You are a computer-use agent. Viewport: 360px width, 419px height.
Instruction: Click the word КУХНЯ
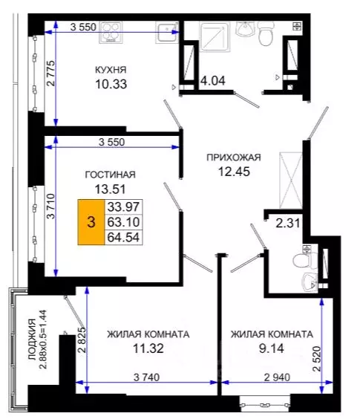[x=110, y=70]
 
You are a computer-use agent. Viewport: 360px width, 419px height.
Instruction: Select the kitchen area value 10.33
[x=110, y=85]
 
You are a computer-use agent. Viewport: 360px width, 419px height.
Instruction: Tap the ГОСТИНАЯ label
[x=110, y=175]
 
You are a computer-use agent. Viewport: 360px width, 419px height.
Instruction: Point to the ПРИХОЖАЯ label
[x=233, y=157]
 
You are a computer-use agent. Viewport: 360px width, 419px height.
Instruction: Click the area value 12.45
[x=233, y=172]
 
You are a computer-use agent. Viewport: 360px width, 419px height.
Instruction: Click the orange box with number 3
[x=91, y=221]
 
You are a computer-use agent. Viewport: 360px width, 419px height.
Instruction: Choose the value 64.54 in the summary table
[x=124, y=238]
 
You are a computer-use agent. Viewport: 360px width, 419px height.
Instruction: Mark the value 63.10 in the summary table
[x=124, y=221]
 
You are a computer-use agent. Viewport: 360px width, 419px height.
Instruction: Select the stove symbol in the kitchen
[x=116, y=32]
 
